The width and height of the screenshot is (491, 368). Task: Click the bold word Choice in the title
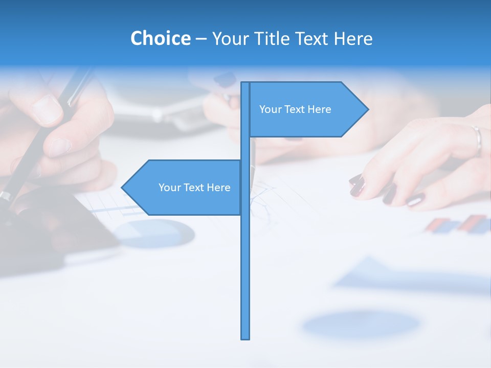160,38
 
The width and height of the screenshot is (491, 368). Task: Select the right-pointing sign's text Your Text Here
295,109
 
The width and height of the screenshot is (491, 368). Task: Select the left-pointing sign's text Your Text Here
194,188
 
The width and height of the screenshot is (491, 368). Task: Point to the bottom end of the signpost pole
245,337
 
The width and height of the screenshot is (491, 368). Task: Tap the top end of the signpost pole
245,83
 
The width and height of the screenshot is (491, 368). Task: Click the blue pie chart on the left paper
153,234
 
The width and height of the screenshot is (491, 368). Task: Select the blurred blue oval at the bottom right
361,324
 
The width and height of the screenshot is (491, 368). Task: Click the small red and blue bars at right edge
458,225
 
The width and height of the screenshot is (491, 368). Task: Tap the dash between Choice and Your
201,38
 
